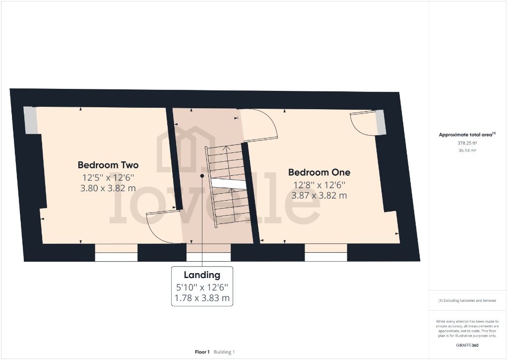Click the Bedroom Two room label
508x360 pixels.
coord(108,165)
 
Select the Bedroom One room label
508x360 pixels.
coord(319,172)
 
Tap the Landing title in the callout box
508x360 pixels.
coord(201,275)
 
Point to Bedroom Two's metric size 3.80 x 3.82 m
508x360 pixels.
coord(108,188)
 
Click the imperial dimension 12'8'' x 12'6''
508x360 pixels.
coord(319,185)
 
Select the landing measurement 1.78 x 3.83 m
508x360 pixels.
coord(201,298)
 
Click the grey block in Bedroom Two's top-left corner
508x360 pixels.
coord(31,120)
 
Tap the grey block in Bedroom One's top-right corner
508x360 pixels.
coord(381,122)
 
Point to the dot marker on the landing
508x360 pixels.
coord(202,176)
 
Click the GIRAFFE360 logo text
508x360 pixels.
coord(468,345)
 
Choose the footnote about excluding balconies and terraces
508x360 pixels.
coord(467,300)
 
